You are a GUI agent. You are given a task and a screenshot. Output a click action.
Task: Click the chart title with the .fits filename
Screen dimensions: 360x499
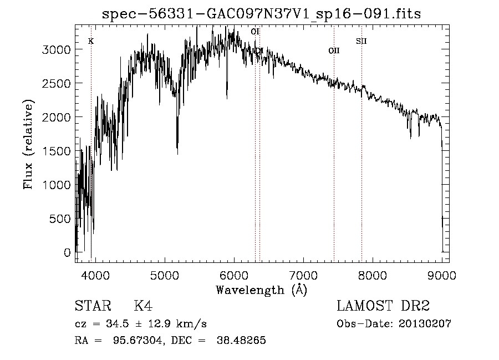pyautogui.click(x=262, y=14)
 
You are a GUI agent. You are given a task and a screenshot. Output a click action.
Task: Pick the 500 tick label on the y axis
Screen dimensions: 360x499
pyautogui.click(x=60, y=219)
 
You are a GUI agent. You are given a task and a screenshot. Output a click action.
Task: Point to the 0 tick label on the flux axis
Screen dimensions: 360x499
pyautogui.click(x=68, y=253)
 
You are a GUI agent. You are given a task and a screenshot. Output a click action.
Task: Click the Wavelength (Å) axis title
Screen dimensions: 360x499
pyautogui.click(x=261, y=290)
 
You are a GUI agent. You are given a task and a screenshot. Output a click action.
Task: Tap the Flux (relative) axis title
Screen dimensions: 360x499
pyautogui.click(x=28, y=144)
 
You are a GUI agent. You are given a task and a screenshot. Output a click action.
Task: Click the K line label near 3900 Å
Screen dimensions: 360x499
pyautogui.click(x=91, y=42)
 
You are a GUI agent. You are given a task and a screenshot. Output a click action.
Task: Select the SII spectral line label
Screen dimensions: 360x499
pyautogui.click(x=361, y=41)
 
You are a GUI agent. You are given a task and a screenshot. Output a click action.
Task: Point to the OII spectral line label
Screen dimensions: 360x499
pyautogui.click(x=333, y=50)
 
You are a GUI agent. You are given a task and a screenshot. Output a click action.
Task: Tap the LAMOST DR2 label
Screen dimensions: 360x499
pyautogui.click(x=383, y=306)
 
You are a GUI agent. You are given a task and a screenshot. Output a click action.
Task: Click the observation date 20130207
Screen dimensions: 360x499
pyautogui.click(x=425, y=324)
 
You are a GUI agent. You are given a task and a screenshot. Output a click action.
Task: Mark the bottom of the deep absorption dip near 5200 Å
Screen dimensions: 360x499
pyautogui.click(x=177, y=153)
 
